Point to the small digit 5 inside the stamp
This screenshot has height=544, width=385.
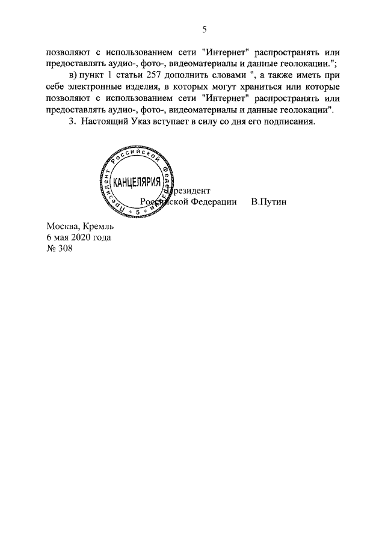coord(137,213)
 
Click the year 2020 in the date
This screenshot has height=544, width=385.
coord(81,237)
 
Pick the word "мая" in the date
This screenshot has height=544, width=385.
coord(61,237)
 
